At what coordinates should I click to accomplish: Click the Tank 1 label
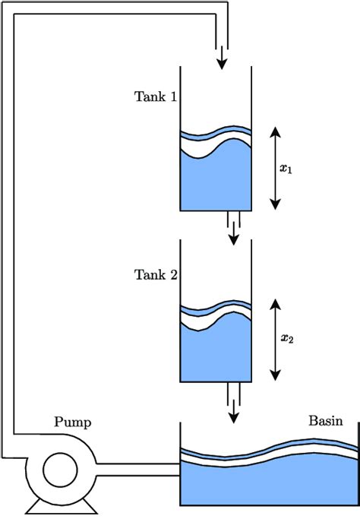coord(156,97)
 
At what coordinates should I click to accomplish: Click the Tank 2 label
coord(156,274)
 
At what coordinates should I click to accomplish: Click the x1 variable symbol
coord(286,169)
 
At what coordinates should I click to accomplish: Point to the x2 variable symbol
coord(286,339)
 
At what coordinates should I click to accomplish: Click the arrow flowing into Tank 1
coord(223,56)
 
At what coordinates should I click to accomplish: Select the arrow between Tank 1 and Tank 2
coord(234,233)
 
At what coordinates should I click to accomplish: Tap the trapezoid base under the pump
coord(58,504)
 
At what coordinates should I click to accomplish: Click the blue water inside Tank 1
coord(216,182)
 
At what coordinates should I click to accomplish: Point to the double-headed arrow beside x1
coord(275,169)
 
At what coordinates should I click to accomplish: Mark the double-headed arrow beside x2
coord(275,339)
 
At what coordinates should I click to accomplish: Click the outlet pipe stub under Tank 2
coord(234,391)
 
